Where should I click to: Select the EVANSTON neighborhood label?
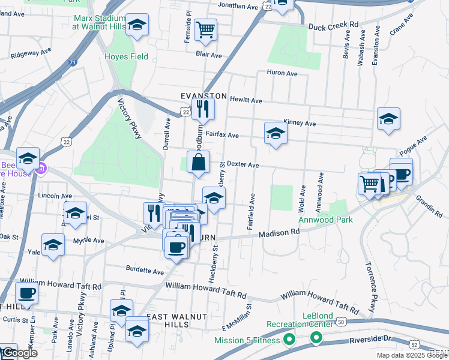tap(204, 96)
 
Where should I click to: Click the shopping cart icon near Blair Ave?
tap(206, 29)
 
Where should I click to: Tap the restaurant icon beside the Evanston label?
tap(203, 109)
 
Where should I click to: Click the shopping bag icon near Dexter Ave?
tap(198, 161)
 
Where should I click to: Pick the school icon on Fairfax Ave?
tap(275, 133)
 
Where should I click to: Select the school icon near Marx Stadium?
tap(137, 25)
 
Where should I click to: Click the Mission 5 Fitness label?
tap(247, 340)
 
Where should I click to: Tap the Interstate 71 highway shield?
tap(72, 62)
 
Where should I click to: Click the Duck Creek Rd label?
tap(333, 26)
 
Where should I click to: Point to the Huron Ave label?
tap(283, 73)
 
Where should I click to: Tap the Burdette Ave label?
tap(145, 272)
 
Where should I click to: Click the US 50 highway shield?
tap(342, 322)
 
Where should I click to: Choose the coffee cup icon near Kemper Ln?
tap(26, 293)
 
